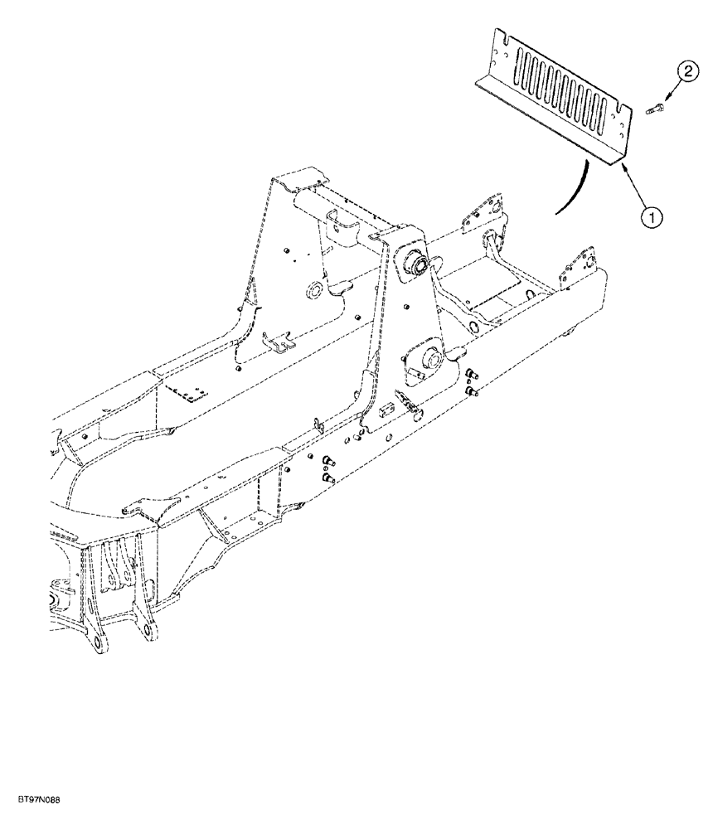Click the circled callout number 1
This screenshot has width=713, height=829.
pyautogui.click(x=652, y=218)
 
